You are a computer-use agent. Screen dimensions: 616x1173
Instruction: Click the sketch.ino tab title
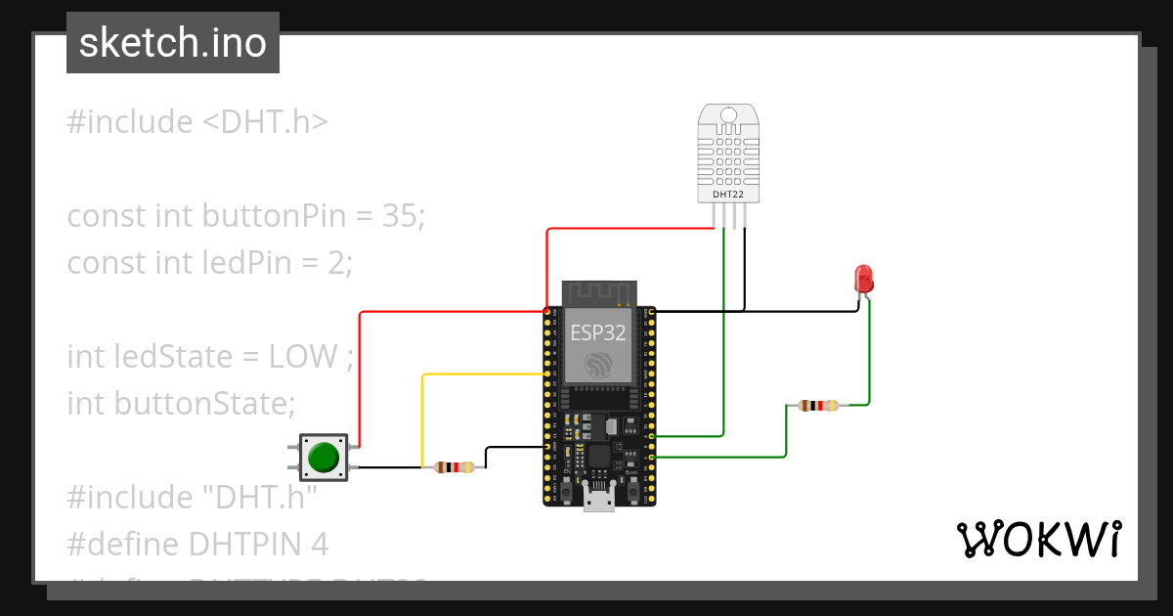(173, 43)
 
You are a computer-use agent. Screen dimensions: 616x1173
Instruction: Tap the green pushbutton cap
(323, 457)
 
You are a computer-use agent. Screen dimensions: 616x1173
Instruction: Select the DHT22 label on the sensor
(728, 195)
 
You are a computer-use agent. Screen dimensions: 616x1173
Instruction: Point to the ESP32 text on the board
(598, 331)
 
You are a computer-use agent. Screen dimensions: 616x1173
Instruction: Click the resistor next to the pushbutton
(455, 467)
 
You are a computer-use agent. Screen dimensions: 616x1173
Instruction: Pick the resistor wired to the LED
(818, 405)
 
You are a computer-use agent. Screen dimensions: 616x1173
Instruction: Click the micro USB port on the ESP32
(598, 499)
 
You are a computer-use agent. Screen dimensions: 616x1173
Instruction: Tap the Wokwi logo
(1038, 540)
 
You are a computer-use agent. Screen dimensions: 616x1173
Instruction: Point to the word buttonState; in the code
(204, 403)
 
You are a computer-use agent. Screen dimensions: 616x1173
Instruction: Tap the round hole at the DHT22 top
(728, 115)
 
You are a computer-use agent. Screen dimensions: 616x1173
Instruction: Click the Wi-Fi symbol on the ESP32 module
(598, 365)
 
